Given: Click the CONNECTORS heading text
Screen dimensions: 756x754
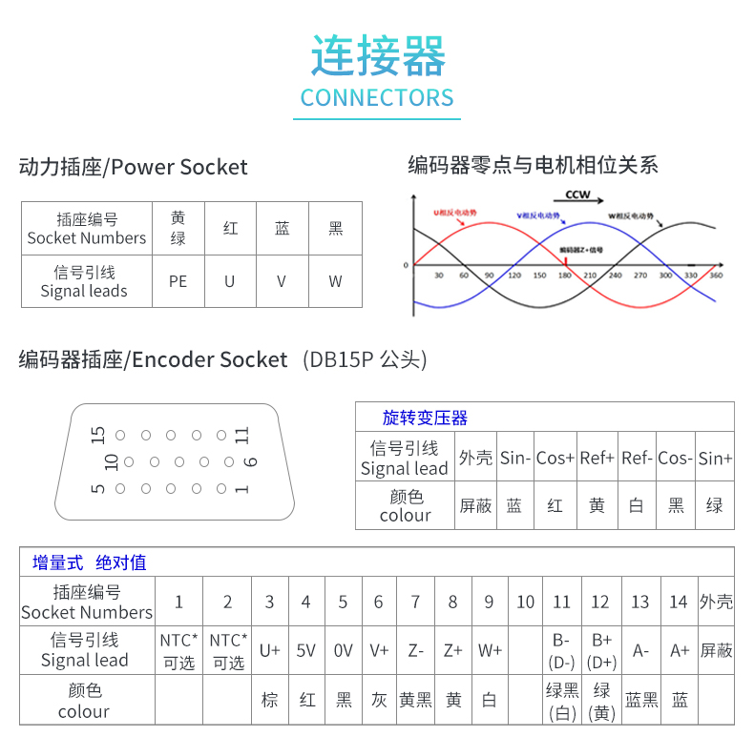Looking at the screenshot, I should (x=377, y=97).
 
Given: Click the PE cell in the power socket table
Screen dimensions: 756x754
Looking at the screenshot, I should (x=178, y=281).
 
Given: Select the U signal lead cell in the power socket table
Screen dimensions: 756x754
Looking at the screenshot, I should (x=230, y=281).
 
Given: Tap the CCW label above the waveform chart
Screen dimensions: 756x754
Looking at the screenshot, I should (x=577, y=194).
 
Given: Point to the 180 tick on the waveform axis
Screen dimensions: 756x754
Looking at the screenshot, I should (x=564, y=276).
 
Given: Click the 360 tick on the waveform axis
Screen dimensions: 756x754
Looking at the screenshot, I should (x=717, y=276).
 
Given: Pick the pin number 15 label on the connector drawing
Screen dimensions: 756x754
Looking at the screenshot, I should (x=97, y=436).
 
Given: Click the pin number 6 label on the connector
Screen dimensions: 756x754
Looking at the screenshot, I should (x=251, y=461).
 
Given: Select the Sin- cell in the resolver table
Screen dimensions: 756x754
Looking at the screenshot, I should (x=514, y=459).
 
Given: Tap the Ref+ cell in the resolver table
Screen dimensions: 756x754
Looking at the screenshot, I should (x=597, y=459).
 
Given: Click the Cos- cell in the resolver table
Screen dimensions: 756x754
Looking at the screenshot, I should (x=676, y=459).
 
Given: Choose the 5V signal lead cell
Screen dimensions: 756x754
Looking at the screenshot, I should (x=306, y=650).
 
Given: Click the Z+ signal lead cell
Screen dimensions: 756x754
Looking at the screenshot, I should (x=452, y=650).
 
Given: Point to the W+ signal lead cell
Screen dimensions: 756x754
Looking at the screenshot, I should (x=490, y=650).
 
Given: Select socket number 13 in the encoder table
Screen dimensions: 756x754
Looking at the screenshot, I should (x=640, y=602).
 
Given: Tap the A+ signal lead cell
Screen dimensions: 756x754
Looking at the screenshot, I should (x=680, y=650).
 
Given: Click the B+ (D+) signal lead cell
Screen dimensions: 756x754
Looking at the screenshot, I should (x=601, y=650).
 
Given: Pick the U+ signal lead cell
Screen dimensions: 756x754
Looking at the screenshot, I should (x=270, y=650).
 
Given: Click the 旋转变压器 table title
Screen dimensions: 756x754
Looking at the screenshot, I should (x=425, y=418).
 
